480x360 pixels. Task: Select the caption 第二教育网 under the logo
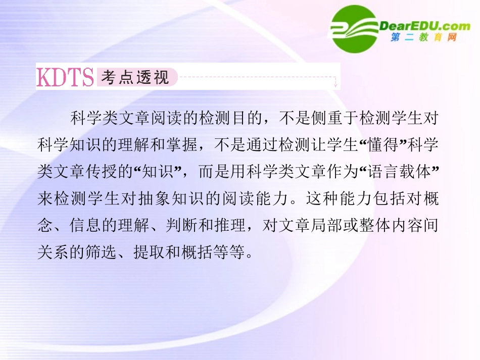[x=424, y=38]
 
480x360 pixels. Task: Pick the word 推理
[x=238, y=225]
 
